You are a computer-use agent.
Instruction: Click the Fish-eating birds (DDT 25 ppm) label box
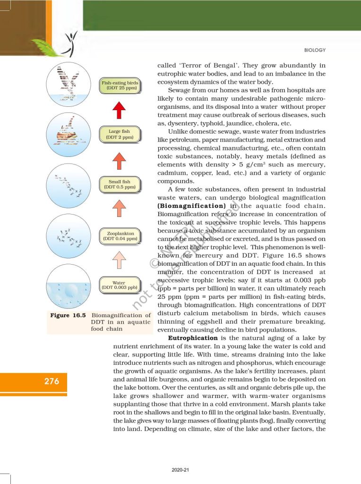click(120, 86)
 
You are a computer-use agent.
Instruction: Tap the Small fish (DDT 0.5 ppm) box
click(120, 184)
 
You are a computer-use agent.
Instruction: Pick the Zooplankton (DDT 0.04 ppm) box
click(120, 236)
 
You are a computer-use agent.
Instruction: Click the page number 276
click(48, 381)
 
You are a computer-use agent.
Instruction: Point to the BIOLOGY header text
click(315, 50)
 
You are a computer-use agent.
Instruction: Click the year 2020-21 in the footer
click(180, 470)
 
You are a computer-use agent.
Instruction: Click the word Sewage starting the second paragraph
click(179, 90)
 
